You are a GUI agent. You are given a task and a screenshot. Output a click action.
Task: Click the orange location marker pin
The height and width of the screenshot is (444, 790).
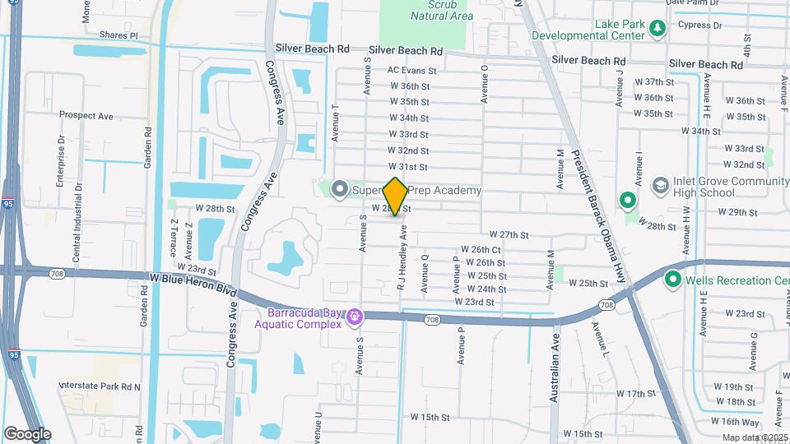[x=396, y=197]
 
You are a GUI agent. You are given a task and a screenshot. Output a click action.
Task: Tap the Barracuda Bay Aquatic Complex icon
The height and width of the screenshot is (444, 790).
[x=355, y=316]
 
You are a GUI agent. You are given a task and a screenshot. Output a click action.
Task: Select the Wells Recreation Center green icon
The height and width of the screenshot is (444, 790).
[x=672, y=280]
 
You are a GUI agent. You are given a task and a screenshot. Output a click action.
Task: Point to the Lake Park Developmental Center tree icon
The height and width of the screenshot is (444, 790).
[x=658, y=30]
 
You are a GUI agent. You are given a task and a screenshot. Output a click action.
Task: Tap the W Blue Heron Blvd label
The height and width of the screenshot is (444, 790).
[x=193, y=284]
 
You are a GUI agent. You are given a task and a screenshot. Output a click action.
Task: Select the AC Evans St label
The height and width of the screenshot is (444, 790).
[x=411, y=72]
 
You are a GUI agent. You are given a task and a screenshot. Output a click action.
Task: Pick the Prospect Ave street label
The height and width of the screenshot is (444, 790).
[x=86, y=117]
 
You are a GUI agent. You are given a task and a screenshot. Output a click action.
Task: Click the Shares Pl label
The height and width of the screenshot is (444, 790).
[x=117, y=35]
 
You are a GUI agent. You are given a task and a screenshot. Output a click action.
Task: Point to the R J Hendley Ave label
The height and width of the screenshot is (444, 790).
[x=403, y=259]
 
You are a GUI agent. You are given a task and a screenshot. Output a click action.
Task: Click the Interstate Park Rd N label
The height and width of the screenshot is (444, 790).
[x=100, y=386]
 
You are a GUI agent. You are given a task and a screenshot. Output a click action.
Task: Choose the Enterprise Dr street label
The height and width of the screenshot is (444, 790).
[x=59, y=163]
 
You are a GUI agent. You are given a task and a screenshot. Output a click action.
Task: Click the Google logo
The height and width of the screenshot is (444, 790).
[x=26, y=434]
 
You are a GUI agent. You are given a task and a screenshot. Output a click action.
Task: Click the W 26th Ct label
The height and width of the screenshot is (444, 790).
[x=481, y=249]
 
